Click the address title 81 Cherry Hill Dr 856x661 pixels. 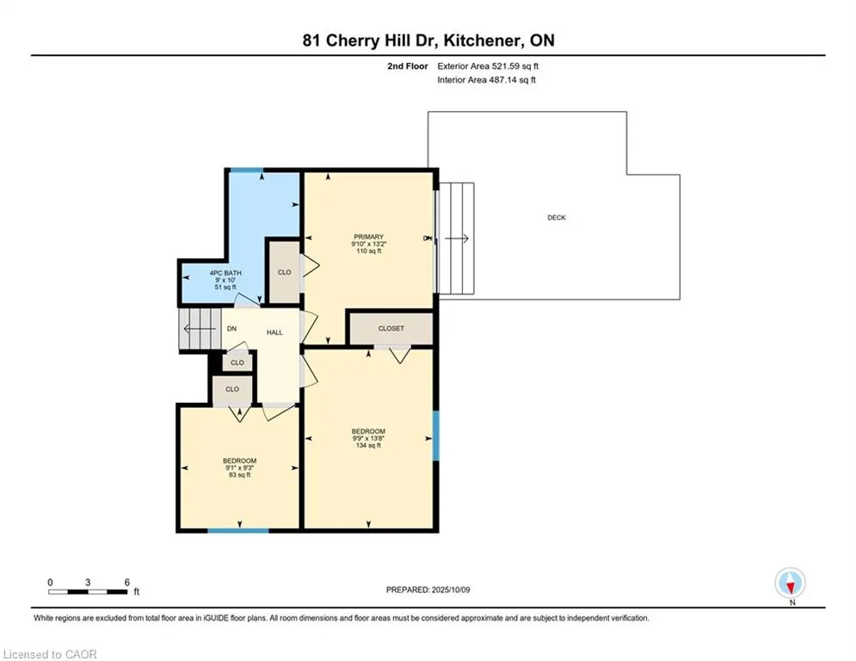(x=370, y=40)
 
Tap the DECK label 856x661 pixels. (x=557, y=218)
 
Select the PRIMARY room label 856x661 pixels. (x=368, y=237)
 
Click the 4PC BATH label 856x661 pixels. (x=225, y=273)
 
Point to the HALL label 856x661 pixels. (x=274, y=332)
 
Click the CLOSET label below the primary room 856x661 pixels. (x=391, y=328)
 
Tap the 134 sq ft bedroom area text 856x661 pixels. (x=368, y=445)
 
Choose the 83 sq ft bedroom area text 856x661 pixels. (x=240, y=475)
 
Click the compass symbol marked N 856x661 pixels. (x=790, y=583)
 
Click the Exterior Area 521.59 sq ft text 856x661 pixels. (x=488, y=66)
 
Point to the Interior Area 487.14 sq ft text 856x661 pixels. (x=486, y=80)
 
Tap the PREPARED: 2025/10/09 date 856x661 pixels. (x=428, y=590)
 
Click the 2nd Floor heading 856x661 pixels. (x=408, y=66)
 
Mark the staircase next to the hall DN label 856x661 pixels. (x=200, y=329)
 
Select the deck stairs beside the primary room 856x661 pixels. (x=456, y=238)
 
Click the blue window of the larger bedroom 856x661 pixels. (x=435, y=436)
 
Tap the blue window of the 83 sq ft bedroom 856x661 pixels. (x=238, y=530)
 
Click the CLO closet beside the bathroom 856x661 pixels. (x=285, y=272)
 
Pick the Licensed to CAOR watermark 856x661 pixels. (x=50, y=654)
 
